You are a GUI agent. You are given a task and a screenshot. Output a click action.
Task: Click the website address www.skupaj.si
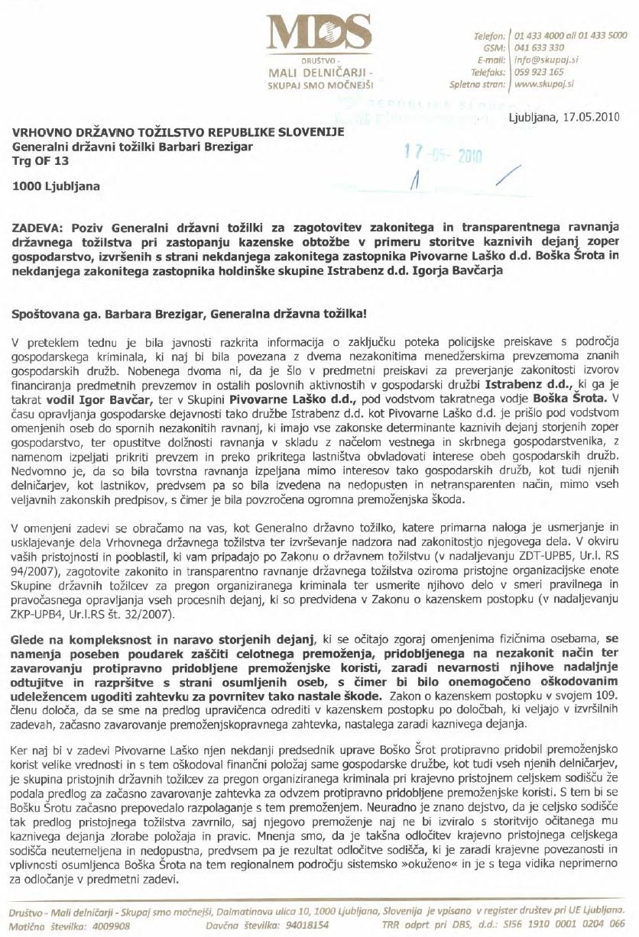[544, 84]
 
